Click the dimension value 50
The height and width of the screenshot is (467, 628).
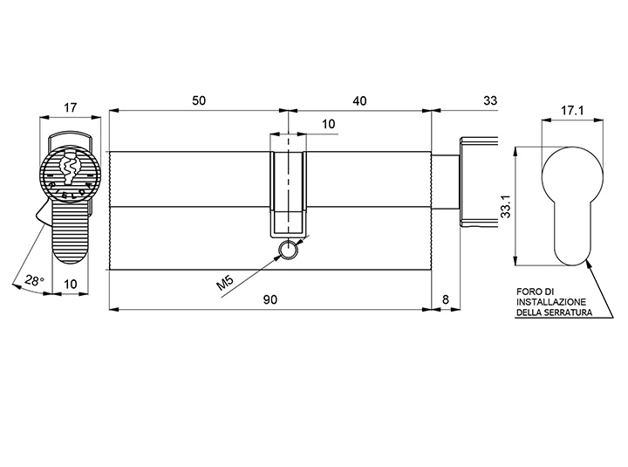point(199,100)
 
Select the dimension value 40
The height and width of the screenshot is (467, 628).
point(359,100)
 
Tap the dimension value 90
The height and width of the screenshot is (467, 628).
point(270,299)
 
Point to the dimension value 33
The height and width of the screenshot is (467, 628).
point(490,100)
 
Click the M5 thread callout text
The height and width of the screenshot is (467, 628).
point(225,283)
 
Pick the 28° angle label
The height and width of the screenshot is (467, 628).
point(34,280)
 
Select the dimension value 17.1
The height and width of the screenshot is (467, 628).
point(572,110)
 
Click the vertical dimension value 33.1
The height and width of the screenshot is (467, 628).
point(507,207)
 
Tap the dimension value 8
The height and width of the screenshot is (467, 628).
point(446,299)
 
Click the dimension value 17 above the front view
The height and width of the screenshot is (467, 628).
point(70,107)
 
